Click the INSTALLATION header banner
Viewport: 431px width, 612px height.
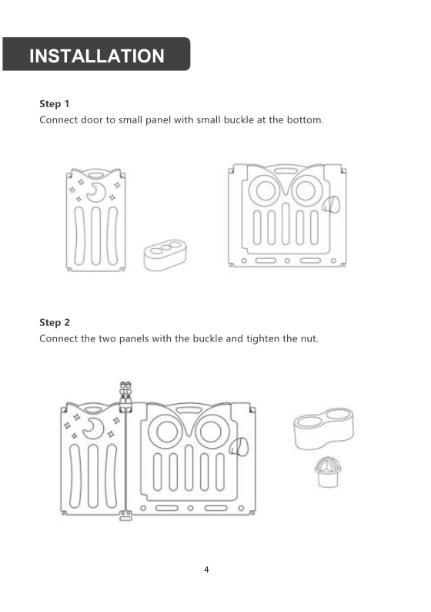coord(96,54)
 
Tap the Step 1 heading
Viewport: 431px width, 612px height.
coord(54,104)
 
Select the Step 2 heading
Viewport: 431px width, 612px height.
coord(55,322)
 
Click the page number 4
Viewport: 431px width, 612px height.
coord(206,570)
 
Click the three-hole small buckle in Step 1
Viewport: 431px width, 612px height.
coord(165,255)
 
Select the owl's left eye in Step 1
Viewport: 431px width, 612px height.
coord(265,190)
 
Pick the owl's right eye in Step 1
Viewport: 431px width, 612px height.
coord(306,190)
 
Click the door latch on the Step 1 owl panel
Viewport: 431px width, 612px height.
coord(331,204)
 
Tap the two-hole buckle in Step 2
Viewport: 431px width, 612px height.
coord(324,428)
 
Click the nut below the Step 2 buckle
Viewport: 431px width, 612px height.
coord(328,472)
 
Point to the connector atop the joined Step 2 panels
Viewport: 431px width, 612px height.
coord(125,396)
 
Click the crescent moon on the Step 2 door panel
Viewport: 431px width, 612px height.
coord(93,428)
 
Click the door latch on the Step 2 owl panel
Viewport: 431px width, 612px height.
coord(238,447)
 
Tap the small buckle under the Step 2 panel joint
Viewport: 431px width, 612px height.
coord(125,519)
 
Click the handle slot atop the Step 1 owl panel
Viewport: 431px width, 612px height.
coord(285,171)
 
